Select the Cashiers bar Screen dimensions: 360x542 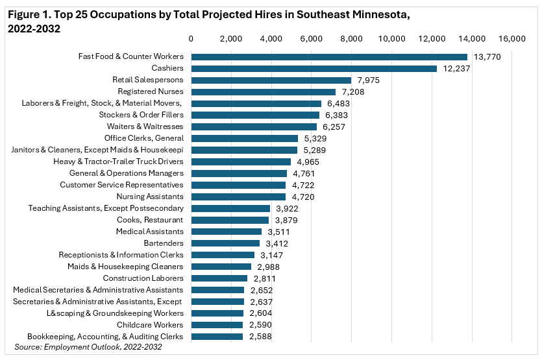(x=314, y=69)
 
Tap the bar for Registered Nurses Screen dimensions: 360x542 (x=263, y=92)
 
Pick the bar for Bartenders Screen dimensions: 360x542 (x=225, y=243)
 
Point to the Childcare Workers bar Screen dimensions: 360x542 (x=217, y=324)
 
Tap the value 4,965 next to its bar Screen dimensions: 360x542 (x=308, y=162)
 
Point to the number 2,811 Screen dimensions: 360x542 (x=264, y=278)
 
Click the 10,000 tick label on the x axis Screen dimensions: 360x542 (x=391, y=40)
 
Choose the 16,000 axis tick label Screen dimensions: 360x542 (x=512, y=40)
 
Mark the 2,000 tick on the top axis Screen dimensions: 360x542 (x=230, y=40)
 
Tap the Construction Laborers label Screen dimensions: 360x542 (x=143, y=278)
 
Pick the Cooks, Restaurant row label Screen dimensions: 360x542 (x=150, y=220)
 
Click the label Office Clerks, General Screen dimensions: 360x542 (x=144, y=138)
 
